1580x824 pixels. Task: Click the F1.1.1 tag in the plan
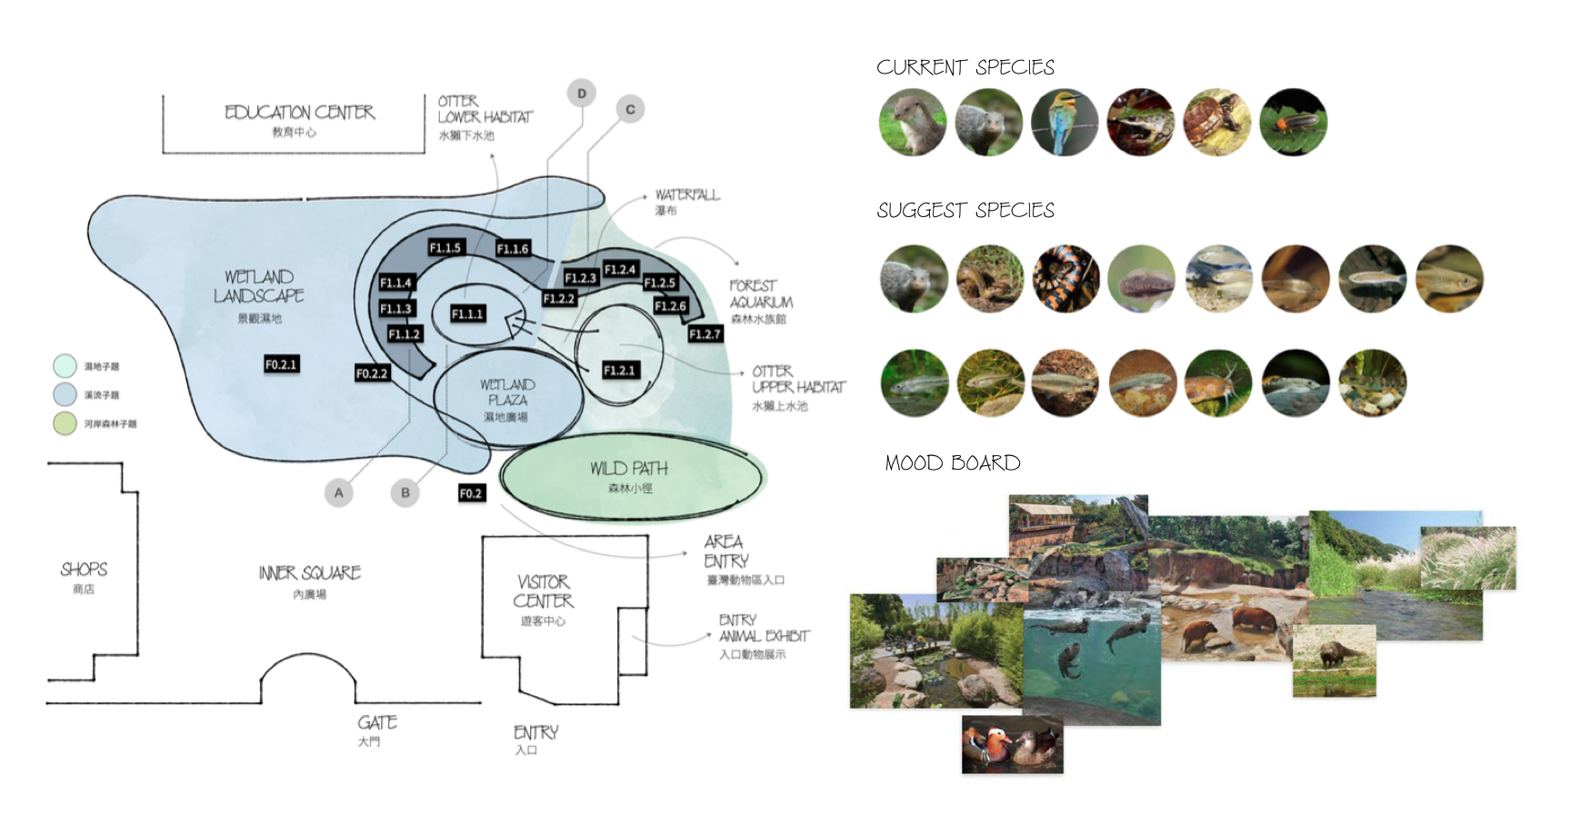[468, 313]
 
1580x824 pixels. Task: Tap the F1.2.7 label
[705, 334]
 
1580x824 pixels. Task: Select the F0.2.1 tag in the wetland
[281, 364]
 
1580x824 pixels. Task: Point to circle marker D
[582, 94]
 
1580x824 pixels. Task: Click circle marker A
[338, 492]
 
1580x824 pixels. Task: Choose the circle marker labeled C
[630, 109]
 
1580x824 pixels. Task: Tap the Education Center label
[299, 113]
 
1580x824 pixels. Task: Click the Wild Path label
[628, 469]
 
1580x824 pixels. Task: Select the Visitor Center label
[543, 591]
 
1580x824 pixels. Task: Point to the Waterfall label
[686, 195]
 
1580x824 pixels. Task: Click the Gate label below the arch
[376, 723]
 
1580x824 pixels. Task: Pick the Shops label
[84, 570]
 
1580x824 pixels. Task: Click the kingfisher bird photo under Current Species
[1065, 122]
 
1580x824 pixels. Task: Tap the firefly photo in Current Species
[1293, 122]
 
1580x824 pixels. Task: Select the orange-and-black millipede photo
[1066, 278]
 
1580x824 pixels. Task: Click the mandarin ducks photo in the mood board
[1012, 744]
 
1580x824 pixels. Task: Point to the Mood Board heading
[952, 463]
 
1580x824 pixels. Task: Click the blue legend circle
[65, 394]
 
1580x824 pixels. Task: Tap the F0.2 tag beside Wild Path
[471, 493]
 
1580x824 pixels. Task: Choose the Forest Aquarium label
[760, 294]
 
